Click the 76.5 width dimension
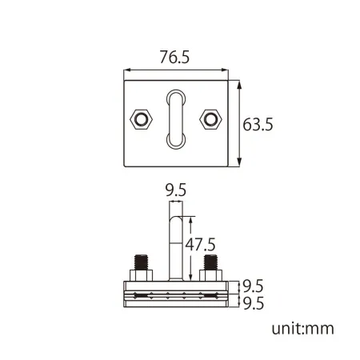[x=174, y=57]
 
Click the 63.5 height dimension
[x=258, y=125]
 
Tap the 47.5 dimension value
[x=200, y=245]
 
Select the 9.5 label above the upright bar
[x=176, y=190]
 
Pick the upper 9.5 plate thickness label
[x=254, y=286]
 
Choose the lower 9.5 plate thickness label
[x=254, y=303]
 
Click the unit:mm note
[x=302, y=329]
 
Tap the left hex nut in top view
[x=141, y=119]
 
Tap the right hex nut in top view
[x=210, y=119]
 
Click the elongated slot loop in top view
[x=169, y=119]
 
